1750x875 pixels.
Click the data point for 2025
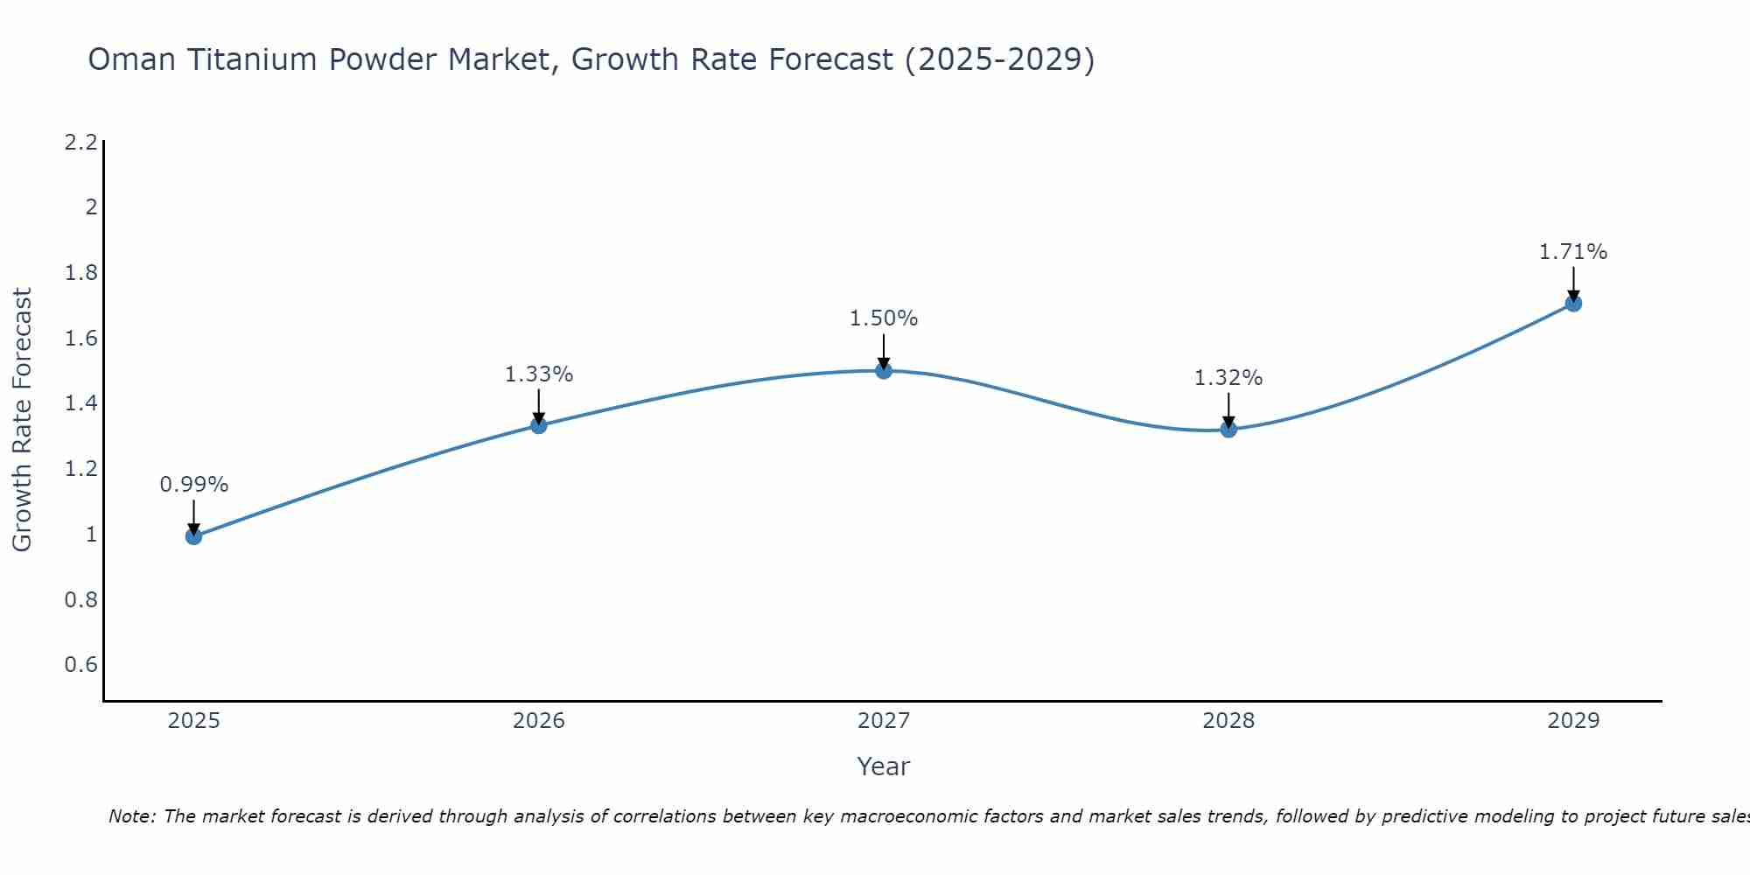click(194, 536)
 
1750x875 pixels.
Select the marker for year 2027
click(884, 370)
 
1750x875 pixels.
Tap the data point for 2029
click(1573, 304)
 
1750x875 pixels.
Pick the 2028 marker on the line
click(1228, 429)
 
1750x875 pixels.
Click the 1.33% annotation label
click(539, 374)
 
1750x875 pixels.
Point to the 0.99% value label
click(194, 485)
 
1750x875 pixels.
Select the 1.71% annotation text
click(1573, 252)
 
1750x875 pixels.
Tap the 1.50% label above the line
click(884, 318)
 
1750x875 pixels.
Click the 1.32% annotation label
click(1228, 378)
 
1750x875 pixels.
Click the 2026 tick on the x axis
click(539, 721)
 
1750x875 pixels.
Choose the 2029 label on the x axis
click(1573, 721)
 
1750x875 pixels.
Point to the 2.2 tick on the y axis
click(80, 142)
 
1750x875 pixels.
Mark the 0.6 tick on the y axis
click(80, 665)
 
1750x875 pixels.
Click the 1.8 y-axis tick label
click(80, 273)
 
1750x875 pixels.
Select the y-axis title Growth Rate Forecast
click(22, 420)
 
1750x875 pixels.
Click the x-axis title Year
click(884, 766)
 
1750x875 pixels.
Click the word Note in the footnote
click(131, 816)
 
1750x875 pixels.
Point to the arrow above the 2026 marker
click(539, 407)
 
